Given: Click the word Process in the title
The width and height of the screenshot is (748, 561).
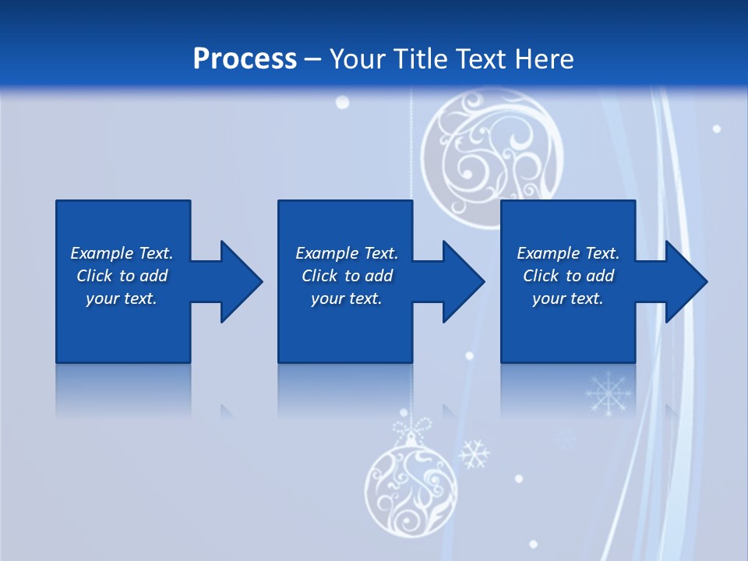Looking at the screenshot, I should pos(245,59).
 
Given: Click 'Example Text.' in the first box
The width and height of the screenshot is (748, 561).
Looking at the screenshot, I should pos(122,253).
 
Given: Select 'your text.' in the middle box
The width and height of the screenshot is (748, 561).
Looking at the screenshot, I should pos(346,298).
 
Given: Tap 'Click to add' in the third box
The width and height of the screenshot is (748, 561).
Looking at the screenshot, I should pos(568,276).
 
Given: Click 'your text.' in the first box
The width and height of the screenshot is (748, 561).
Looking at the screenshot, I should pos(122,298).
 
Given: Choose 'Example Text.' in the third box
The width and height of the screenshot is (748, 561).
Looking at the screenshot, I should pos(568,253).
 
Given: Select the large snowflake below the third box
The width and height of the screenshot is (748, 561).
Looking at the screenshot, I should pos(609,393).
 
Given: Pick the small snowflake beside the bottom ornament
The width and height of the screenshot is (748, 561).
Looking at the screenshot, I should pos(473,454).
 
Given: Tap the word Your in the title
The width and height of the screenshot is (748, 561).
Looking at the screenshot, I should pos(357,59).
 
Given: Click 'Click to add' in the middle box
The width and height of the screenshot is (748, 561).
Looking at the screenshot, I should pos(347,276).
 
